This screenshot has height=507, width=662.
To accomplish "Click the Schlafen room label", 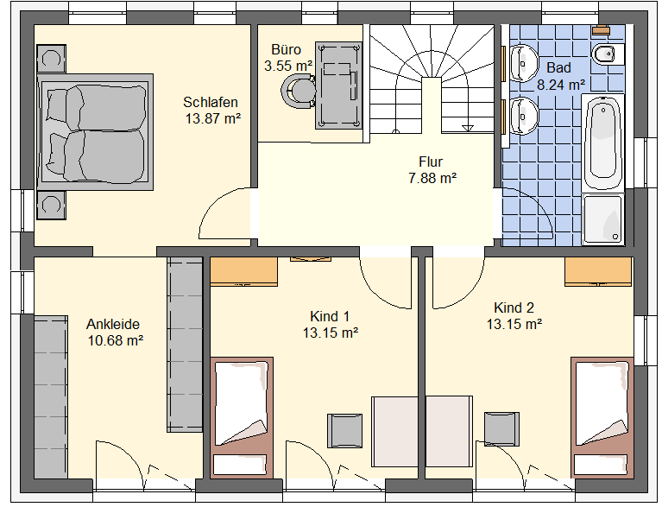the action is [x=211, y=102].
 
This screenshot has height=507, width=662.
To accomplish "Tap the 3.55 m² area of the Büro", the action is [x=288, y=66].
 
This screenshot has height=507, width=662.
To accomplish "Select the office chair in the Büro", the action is [x=298, y=91].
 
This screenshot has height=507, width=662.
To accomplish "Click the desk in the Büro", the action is [x=338, y=86].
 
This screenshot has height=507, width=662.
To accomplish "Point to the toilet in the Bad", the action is [x=608, y=54].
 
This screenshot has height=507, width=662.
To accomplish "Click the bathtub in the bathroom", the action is [x=603, y=142].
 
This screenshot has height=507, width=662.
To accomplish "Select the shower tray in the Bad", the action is [x=603, y=219].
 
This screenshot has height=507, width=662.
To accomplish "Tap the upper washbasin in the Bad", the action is [x=523, y=64].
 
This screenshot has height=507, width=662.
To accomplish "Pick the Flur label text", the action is [x=431, y=162].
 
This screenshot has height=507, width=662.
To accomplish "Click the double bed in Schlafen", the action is [x=95, y=132].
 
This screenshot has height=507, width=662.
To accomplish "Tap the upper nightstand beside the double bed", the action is [x=52, y=59].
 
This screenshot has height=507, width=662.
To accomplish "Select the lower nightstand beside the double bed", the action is [x=52, y=206].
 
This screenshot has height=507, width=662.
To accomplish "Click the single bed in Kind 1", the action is [x=242, y=417].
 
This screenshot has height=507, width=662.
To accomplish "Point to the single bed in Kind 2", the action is [x=602, y=417].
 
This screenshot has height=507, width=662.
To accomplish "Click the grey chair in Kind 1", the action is [x=345, y=430].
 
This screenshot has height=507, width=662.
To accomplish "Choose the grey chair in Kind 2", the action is [x=501, y=428].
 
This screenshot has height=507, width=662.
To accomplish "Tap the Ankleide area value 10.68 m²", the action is [x=116, y=340].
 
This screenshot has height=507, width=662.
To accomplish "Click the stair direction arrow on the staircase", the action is [x=468, y=128].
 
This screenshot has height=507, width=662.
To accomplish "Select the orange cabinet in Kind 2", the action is [x=599, y=271].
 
